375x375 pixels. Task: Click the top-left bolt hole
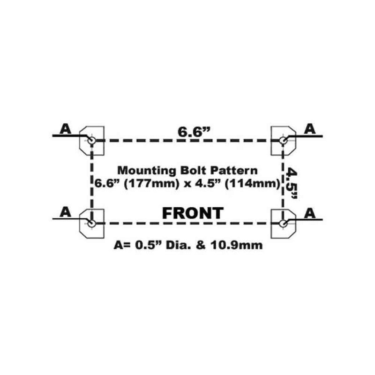tap(91, 140)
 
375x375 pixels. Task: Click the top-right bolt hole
tap(284, 140)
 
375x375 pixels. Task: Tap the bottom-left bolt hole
tap(91, 224)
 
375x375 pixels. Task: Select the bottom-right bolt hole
tap(284, 224)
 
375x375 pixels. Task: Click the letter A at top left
tap(65, 129)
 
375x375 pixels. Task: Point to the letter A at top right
tap(310, 129)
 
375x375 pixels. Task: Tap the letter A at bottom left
tap(65, 212)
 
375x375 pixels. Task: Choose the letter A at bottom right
tap(310, 213)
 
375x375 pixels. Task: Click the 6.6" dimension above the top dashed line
tap(194, 132)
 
